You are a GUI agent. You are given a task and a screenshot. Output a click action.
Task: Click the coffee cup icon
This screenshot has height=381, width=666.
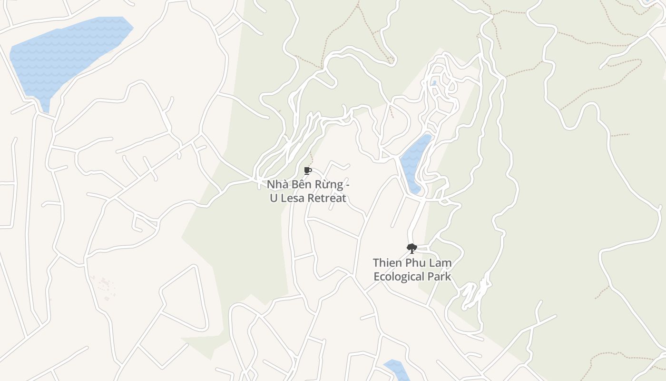tap(307, 170)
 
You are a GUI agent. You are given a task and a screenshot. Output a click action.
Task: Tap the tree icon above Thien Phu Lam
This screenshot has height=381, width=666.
tap(411, 248)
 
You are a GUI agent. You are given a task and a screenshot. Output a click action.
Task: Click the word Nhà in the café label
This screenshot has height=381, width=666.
tap(277, 185)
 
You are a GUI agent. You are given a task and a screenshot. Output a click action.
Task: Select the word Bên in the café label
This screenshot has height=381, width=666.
tap(301, 185)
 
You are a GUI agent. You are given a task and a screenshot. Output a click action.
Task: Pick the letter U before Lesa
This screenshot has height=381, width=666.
tap(274, 198)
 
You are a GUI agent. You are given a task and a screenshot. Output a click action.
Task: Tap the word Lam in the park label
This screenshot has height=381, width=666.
tap(441, 263)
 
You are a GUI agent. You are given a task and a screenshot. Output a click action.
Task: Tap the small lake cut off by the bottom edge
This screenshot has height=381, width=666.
tap(396, 370)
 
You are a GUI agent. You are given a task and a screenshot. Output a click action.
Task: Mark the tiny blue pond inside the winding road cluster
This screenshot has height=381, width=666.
tap(433, 83)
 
